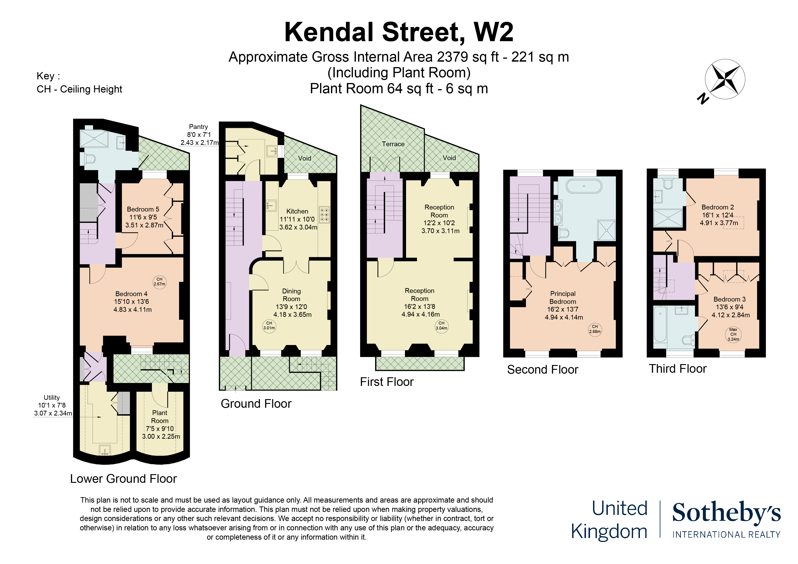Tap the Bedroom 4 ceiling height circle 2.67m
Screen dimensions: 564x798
(x=159, y=282)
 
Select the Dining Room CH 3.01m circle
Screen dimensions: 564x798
(x=269, y=326)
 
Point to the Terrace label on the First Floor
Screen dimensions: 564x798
(x=393, y=144)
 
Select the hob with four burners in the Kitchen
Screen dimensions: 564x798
(x=324, y=215)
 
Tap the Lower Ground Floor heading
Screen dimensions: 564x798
(x=123, y=479)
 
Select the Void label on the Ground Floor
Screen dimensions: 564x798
(x=304, y=158)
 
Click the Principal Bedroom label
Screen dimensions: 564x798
(x=563, y=298)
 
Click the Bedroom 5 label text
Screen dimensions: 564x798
(x=143, y=209)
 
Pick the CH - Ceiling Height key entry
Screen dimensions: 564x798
(x=79, y=89)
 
